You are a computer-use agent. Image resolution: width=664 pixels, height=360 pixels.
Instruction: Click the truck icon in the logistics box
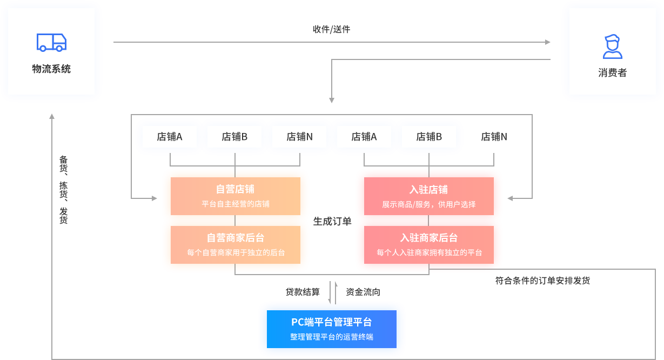click(51, 42)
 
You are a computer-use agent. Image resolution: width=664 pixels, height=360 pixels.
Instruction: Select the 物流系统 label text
click(51, 69)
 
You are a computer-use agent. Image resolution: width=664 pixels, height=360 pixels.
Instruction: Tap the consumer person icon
click(612, 46)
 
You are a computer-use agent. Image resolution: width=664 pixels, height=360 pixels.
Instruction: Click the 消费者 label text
click(612, 73)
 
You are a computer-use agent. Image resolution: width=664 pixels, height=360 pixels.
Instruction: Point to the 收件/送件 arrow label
click(331, 29)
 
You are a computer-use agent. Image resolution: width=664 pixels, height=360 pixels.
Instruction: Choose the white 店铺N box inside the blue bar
click(299, 137)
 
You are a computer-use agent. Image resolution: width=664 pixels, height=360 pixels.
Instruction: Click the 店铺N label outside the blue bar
click(494, 137)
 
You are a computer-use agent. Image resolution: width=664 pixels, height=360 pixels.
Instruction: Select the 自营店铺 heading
click(235, 189)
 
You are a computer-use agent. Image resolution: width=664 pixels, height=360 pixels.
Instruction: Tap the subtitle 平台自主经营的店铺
click(235, 204)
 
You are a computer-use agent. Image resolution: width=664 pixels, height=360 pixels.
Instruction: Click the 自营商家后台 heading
click(235, 238)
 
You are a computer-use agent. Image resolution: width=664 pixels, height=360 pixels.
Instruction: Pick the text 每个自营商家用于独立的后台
click(236, 252)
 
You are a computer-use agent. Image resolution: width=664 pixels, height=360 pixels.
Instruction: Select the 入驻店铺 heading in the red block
click(428, 189)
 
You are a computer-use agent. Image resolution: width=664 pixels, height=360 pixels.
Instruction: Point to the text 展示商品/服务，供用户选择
click(428, 204)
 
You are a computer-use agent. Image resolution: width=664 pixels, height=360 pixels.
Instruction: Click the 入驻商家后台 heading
click(428, 238)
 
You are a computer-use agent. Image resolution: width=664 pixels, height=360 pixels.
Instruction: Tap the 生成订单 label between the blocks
click(332, 221)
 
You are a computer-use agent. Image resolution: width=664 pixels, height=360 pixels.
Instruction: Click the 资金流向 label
click(363, 292)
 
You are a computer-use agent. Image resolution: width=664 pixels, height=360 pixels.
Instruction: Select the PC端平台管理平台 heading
click(331, 322)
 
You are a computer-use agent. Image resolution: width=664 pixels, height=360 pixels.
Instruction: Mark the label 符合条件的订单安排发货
click(542, 281)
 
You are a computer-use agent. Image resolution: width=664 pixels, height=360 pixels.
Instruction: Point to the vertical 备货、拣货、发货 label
click(63, 190)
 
